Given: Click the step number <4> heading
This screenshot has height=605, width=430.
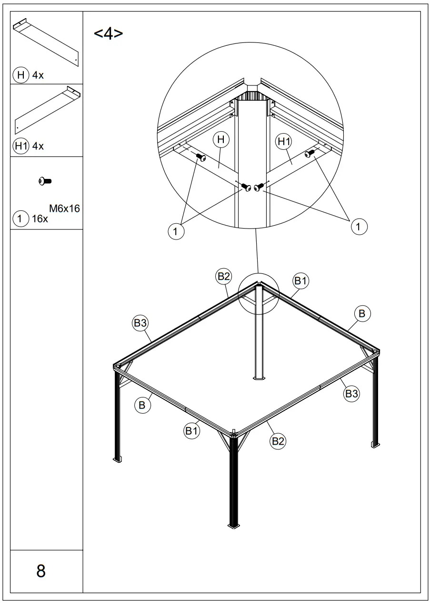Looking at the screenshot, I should (x=109, y=34).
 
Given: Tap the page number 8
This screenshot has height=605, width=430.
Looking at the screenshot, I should (x=41, y=571).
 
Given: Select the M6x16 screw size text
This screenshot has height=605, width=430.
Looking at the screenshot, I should (x=64, y=208).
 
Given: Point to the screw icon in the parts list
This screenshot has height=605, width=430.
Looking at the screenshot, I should (x=46, y=181).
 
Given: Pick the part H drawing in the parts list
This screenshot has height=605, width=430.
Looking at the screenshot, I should (x=46, y=42).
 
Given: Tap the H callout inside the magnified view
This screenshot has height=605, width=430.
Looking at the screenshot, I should (x=221, y=140).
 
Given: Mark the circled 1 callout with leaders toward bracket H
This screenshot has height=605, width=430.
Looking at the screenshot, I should (x=176, y=231).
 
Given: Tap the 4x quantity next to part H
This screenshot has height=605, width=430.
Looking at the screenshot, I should (x=38, y=75).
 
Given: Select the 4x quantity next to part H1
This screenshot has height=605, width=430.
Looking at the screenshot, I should (x=38, y=146).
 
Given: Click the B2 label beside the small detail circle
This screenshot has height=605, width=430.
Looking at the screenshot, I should (x=224, y=276).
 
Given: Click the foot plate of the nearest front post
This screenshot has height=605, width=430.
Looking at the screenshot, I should (x=234, y=526).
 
